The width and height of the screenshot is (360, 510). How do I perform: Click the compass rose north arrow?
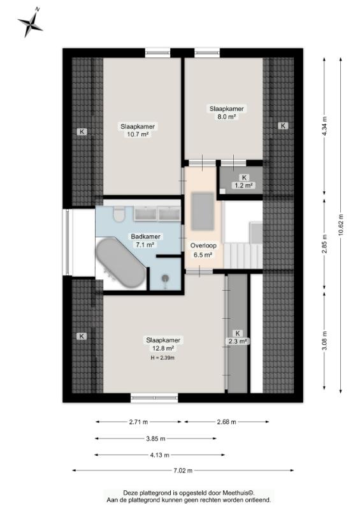(30, 22)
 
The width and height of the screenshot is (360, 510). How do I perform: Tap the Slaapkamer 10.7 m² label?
(138, 130)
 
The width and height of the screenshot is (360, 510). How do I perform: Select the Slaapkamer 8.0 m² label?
(226, 113)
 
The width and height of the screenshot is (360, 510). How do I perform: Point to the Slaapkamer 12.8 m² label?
(163, 344)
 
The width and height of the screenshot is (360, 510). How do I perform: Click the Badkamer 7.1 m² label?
(145, 241)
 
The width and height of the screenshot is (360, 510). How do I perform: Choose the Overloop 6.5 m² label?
(203, 250)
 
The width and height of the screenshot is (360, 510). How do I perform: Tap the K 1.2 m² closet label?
(243, 182)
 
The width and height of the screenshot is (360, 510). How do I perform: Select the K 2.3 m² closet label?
(238, 337)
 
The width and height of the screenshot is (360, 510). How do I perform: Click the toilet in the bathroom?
(119, 214)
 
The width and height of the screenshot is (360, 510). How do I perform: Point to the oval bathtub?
(120, 263)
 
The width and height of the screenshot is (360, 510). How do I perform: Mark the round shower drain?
(166, 278)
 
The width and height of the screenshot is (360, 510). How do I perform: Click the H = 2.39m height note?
(162, 358)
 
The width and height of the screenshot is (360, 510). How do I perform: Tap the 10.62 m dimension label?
(340, 225)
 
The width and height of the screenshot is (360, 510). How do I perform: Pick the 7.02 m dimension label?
(183, 470)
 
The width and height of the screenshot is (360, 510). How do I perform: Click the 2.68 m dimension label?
(226, 422)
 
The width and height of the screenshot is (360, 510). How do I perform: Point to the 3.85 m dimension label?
(155, 439)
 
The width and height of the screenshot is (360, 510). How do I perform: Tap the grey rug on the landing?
(203, 211)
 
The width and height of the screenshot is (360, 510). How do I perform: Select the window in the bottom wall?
(154, 397)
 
